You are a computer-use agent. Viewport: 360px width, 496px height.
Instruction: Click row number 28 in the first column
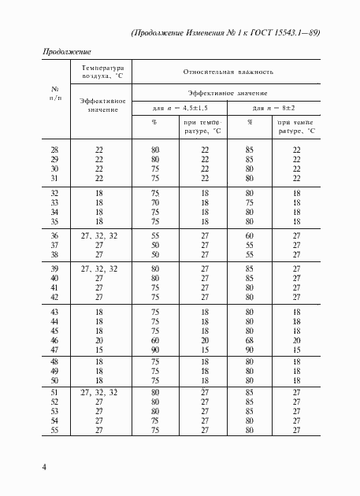[x=54, y=150]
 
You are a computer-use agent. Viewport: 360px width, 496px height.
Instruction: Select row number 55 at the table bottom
[x=54, y=431]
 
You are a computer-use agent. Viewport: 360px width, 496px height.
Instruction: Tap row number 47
[x=54, y=350]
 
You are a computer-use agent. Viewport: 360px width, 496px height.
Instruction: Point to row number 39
[x=54, y=268]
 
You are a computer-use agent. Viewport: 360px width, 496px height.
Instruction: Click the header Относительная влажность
[x=228, y=72]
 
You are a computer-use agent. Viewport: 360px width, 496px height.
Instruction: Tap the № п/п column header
[x=54, y=93]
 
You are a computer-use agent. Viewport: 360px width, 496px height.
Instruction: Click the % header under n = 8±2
[x=249, y=122]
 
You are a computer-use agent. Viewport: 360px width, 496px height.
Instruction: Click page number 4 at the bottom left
[x=45, y=468]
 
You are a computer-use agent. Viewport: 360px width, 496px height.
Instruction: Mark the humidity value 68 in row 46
[x=249, y=339]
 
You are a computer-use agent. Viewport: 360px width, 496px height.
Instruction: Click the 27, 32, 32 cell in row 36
[x=98, y=235]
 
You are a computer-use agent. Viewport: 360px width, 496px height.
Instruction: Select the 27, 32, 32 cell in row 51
[x=98, y=391]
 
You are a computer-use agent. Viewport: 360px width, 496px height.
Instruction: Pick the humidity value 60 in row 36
[x=249, y=235]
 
